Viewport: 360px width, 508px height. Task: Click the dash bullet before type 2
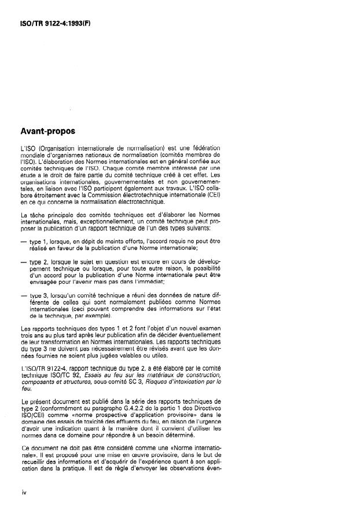24,262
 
